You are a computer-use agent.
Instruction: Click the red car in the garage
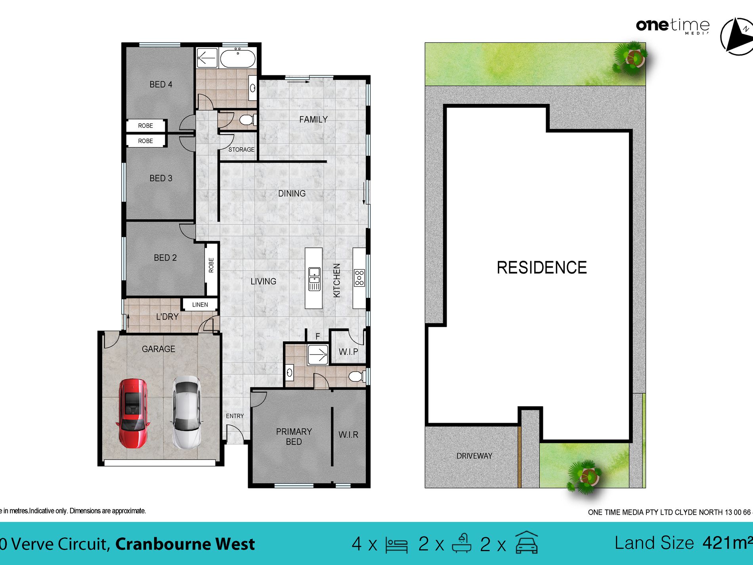[133, 413]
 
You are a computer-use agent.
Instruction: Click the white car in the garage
[187, 412]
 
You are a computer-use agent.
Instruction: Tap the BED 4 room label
[161, 84]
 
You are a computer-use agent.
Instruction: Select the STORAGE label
[241, 149]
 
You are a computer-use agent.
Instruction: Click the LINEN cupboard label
[200, 305]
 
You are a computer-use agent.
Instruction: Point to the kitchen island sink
[314, 279]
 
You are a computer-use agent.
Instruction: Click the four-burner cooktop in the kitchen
[359, 278]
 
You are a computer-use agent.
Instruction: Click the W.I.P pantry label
[348, 352]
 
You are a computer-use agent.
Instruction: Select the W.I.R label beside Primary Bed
[348, 435]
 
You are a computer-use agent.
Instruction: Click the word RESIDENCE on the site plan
[541, 268]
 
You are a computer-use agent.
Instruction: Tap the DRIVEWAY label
[474, 456]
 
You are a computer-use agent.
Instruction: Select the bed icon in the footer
[396, 545]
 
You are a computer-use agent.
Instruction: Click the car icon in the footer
[526, 543]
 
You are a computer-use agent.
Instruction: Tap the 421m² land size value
[727, 543]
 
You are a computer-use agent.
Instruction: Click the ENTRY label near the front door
[235, 416]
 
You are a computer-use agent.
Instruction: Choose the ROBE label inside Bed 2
[211, 265]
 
